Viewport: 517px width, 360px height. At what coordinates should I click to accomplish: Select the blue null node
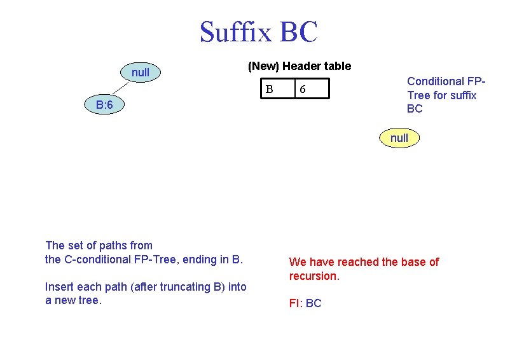pos(141,73)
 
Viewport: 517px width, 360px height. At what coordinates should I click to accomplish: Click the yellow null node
pos(399,137)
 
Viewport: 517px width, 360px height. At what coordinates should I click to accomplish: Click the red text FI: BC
pos(305,303)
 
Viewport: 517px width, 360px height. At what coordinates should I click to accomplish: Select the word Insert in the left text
pos(59,287)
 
